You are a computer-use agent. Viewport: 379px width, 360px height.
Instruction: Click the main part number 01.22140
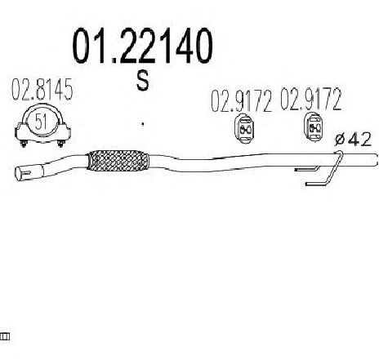point(142,46)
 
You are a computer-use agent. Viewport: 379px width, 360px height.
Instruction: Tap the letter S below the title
point(143,80)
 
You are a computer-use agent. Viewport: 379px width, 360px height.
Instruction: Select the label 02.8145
point(42,89)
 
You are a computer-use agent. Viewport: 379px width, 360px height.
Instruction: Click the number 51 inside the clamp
point(41,122)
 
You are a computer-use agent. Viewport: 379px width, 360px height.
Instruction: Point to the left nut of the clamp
point(24,144)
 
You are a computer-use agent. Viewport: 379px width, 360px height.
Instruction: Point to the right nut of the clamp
point(60,144)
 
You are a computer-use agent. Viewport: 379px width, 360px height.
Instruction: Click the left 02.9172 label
point(241,100)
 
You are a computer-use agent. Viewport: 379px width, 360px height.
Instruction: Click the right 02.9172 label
point(311,99)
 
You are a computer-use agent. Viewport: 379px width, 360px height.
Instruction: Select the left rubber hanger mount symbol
point(245,128)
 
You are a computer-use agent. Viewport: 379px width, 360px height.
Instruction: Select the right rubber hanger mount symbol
point(314,127)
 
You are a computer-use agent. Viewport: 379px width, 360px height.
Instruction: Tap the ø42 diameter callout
point(353,140)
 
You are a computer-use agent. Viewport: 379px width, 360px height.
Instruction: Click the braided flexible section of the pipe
point(118,161)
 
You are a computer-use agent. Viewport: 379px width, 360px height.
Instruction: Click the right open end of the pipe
point(376,160)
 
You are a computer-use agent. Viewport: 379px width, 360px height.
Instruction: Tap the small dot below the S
point(143,124)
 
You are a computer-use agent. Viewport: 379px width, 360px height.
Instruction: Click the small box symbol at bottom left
point(5,337)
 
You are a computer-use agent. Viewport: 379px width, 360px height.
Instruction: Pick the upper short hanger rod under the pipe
point(307,169)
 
